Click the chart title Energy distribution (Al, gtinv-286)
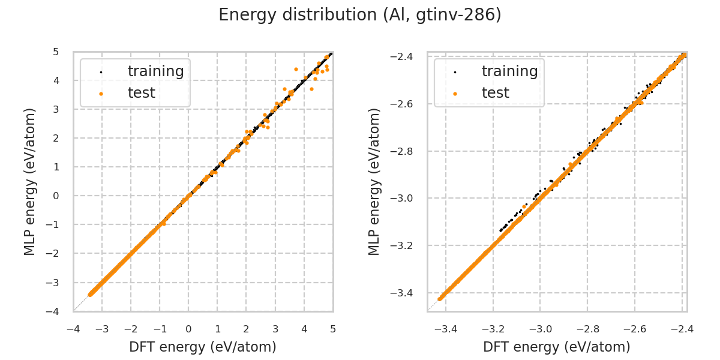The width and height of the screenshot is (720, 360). [x=360, y=15]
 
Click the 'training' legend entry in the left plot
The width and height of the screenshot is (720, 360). [x=155, y=71]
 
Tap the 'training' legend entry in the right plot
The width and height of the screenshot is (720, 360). [x=509, y=71]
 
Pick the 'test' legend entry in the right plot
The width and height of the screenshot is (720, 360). [x=495, y=93]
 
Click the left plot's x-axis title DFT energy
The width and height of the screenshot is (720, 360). [x=203, y=347]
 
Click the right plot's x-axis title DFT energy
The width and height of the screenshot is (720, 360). [x=557, y=347]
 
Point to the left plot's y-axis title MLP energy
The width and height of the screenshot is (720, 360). [x=31, y=181]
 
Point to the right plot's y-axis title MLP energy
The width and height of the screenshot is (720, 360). [x=374, y=181]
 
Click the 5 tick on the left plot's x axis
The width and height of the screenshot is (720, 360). [x=333, y=329]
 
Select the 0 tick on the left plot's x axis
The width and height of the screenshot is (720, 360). [x=188, y=329]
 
